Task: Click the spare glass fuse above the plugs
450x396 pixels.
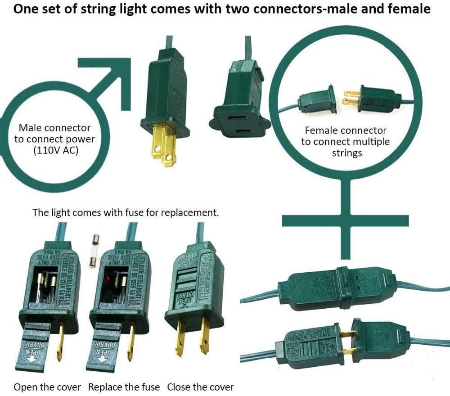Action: (94, 250)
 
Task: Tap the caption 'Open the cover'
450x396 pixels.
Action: (47, 387)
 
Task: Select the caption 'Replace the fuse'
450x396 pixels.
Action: (124, 387)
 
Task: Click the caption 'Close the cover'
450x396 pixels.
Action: (200, 387)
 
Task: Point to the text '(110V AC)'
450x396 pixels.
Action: (55, 151)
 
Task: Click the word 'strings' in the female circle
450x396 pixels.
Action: (347, 153)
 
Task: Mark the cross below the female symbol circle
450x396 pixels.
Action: (345, 220)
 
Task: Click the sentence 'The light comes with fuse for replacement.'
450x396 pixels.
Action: (126, 212)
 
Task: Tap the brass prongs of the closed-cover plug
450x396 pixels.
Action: (193, 335)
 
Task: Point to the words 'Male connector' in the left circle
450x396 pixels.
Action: (54, 128)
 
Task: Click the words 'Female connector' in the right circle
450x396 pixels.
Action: (345, 130)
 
